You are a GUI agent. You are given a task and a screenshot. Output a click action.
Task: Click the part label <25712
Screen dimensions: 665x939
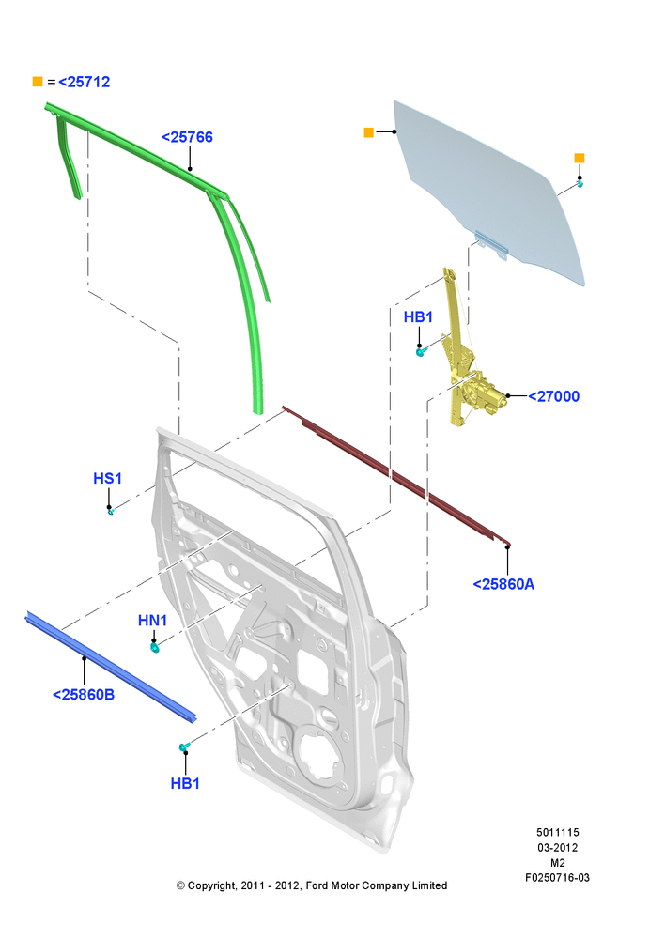(x=84, y=82)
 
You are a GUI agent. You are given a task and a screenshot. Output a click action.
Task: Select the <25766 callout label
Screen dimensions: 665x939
(x=187, y=137)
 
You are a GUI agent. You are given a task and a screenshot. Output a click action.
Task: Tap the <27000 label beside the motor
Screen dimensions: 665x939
(x=553, y=396)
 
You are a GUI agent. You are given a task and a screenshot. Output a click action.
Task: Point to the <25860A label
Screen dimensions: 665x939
(x=503, y=584)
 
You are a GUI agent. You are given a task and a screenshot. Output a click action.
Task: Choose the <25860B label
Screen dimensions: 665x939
(x=84, y=695)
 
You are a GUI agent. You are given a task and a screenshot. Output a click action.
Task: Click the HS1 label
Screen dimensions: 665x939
(x=108, y=479)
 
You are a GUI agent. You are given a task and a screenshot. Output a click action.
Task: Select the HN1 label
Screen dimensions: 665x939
(x=153, y=621)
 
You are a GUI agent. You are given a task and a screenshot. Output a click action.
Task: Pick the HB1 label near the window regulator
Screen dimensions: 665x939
(x=418, y=316)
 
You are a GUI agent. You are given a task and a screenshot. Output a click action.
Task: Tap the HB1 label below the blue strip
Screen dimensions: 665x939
(x=185, y=783)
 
